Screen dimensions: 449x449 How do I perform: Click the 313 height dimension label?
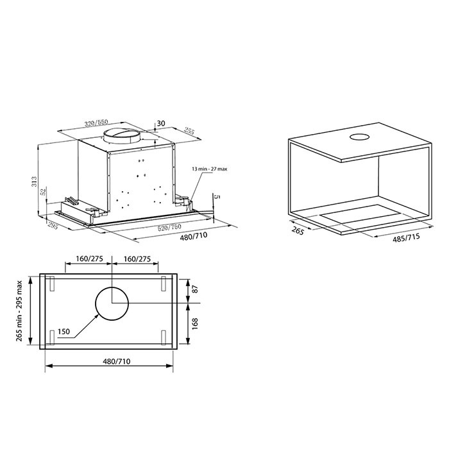point(35,182)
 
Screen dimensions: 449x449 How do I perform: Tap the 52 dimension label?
point(44,192)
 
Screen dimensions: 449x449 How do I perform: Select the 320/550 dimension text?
point(96,123)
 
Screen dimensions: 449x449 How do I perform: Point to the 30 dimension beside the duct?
point(161,123)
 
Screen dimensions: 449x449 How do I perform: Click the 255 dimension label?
point(189,131)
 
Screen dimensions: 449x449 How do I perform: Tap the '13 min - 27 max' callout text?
point(209,169)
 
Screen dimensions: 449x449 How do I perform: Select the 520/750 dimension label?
point(169,228)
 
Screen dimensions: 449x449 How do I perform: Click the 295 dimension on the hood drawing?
point(53,225)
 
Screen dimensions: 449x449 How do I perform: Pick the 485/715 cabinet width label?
point(406,238)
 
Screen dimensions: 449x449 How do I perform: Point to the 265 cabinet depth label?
point(298,230)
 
